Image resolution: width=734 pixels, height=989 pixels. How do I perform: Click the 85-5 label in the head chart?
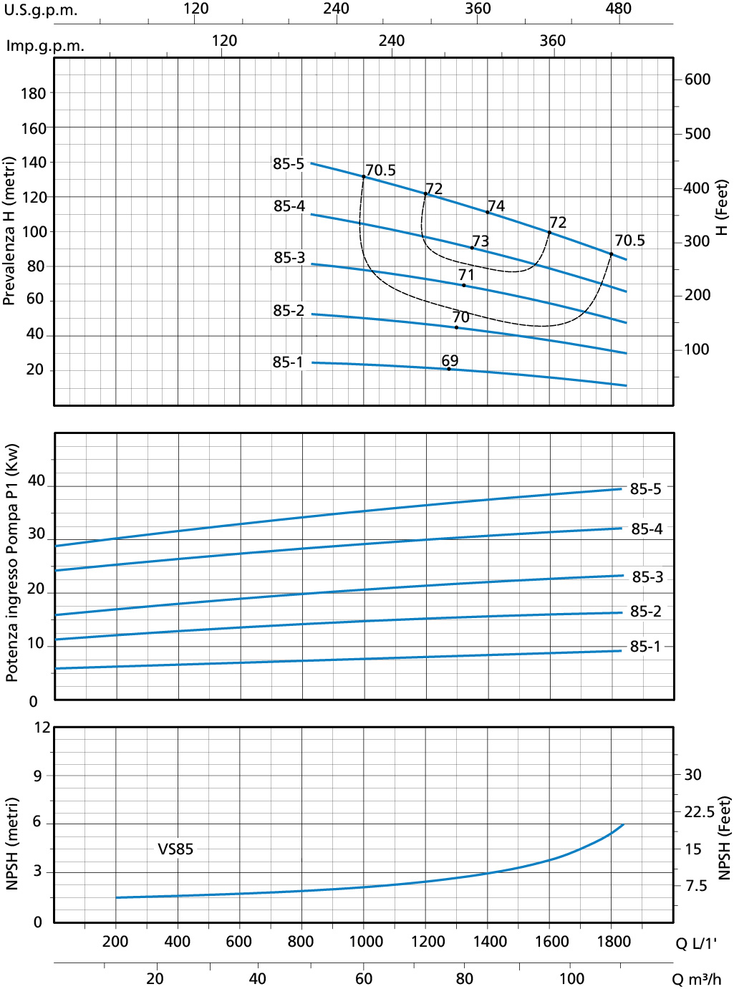click(x=289, y=164)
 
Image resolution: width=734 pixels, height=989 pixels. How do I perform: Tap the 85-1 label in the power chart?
click(x=645, y=647)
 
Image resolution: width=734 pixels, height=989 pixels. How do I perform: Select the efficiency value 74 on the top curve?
click(x=496, y=206)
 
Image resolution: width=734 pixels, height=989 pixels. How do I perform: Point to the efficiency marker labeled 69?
click(x=450, y=361)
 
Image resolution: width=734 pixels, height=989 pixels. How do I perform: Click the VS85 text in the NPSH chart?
click(x=175, y=849)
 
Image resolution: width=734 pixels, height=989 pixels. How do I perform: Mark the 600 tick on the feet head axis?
click(x=697, y=79)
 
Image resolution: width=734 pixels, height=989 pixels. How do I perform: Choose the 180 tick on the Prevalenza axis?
click(x=33, y=94)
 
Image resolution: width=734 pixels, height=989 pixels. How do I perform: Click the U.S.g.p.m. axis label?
click(x=41, y=11)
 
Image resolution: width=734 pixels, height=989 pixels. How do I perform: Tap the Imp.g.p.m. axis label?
click(x=45, y=46)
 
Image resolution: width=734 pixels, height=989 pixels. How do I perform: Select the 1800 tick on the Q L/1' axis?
click(x=614, y=941)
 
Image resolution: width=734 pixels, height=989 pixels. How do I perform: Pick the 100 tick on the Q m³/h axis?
click(x=571, y=978)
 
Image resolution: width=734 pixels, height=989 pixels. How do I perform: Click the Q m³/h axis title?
click(x=696, y=979)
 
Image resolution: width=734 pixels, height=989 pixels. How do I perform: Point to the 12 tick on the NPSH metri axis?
click(x=42, y=728)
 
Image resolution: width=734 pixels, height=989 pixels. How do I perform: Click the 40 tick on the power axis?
click(x=37, y=481)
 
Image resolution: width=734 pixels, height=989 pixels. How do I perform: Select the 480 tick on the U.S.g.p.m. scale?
click(x=619, y=9)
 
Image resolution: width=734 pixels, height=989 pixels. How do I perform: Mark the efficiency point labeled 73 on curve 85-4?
click(x=481, y=241)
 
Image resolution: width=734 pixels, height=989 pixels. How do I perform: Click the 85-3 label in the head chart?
click(x=289, y=258)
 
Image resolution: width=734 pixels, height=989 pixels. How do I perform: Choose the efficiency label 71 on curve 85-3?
click(x=466, y=275)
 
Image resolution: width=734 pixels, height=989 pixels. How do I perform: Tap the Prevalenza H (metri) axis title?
click(x=9, y=231)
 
